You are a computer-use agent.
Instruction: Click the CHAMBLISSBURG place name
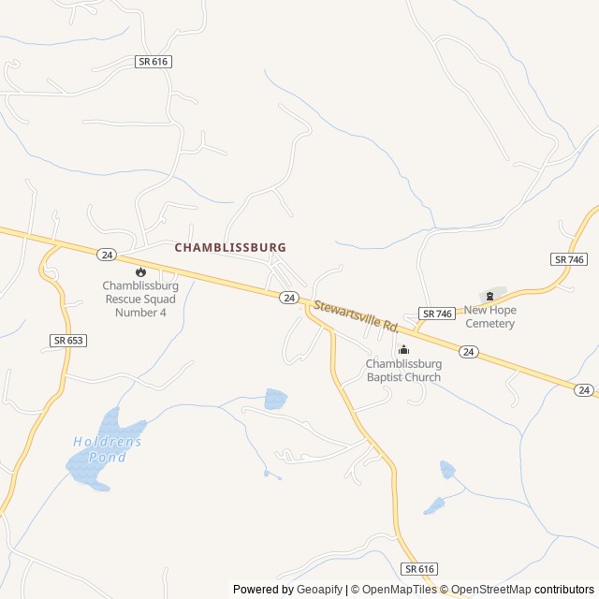click(230, 247)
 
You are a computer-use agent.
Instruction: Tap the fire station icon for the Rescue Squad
click(140, 271)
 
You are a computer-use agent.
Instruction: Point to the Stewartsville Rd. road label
click(357, 316)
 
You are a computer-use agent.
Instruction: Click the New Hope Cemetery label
click(489, 317)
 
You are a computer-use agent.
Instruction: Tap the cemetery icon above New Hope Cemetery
click(489, 296)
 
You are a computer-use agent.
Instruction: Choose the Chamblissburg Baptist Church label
click(403, 371)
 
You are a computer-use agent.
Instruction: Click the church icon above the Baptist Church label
click(403, 350)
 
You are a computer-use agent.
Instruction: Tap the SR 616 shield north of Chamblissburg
click(153, 62)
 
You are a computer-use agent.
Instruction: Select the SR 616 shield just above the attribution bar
click(420, 569)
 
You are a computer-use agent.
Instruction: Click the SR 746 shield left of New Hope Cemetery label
click(436, 314)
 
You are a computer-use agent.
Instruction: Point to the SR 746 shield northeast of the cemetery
click(569, 259)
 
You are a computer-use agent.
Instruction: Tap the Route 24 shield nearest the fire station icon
click(106, 254)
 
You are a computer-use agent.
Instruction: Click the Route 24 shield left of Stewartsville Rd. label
click(288, 298)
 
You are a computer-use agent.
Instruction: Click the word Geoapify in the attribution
click(320, 590)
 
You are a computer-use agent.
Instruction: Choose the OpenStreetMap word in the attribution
click(493, 590)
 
